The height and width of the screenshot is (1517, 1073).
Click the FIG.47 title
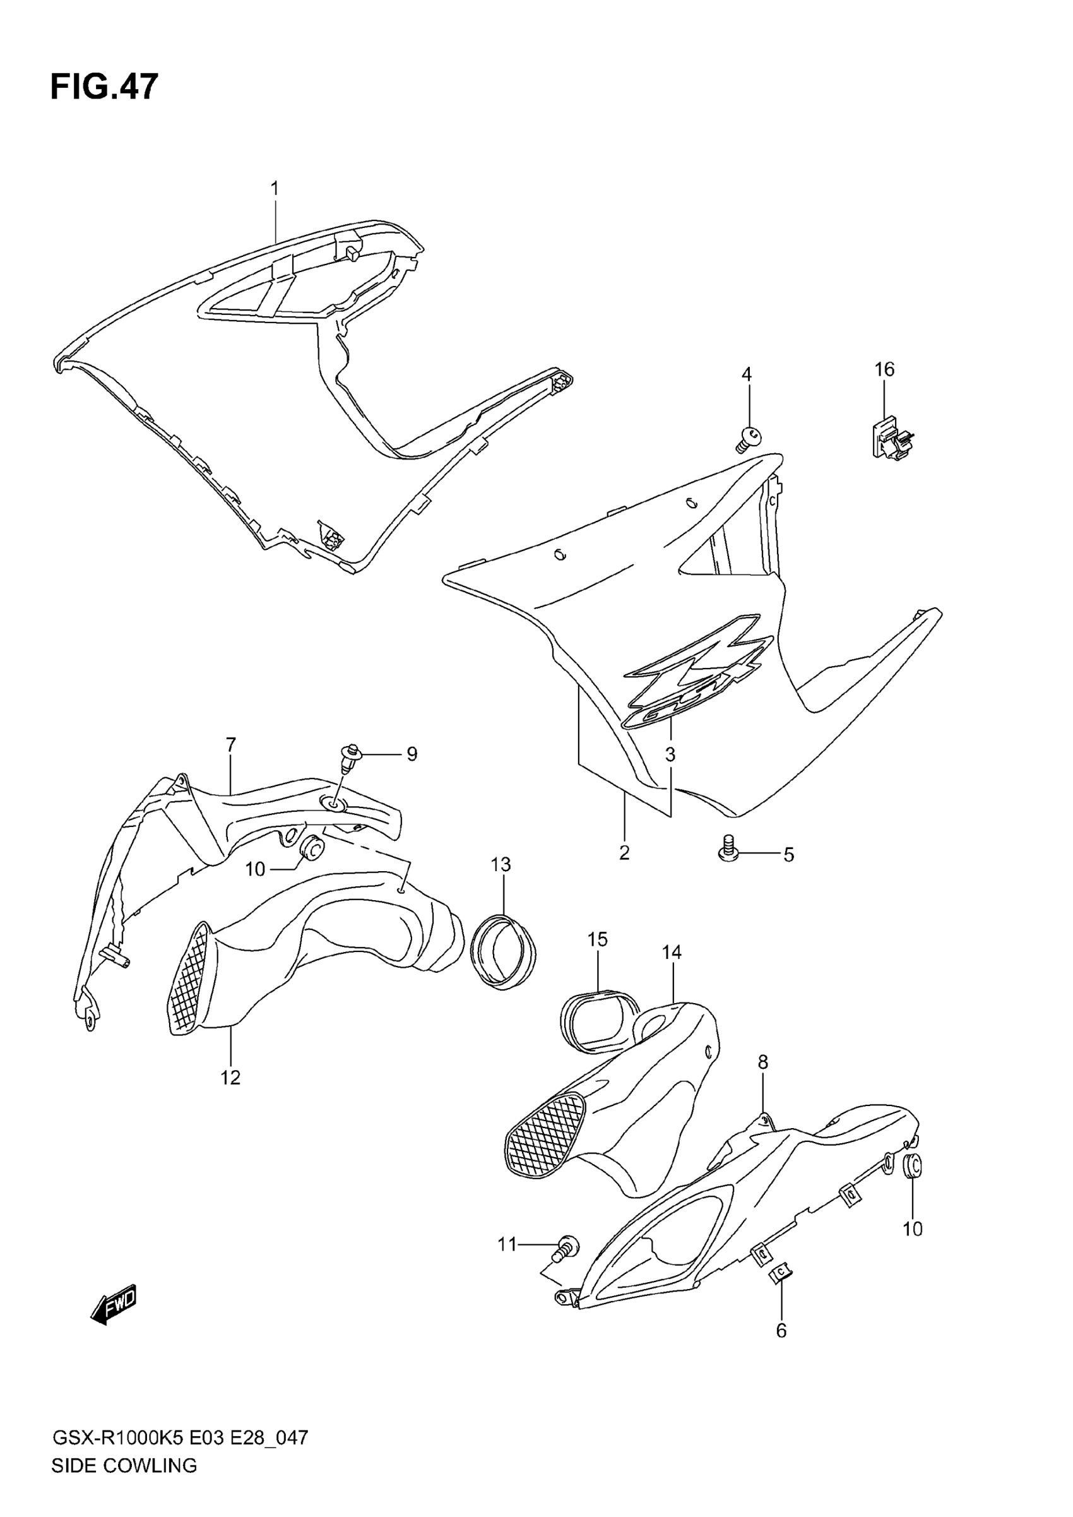[x=104, y=87]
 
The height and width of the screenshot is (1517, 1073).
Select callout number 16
[x=884, y=369]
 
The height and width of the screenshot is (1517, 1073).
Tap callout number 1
[x=274, y=188]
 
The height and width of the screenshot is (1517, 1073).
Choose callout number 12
[x=230, y=1078]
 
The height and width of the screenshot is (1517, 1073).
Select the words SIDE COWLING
[x=124, y=1478]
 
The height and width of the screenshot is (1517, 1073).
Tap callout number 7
[x=230, y=745]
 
